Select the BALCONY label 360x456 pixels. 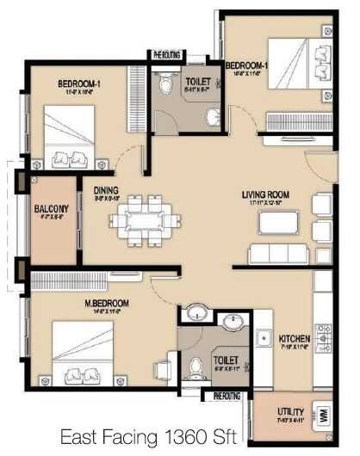tap(46, 208)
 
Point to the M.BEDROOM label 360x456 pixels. tap(106, 304)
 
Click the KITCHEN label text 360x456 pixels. tap(295, 339)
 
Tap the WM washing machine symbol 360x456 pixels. tap(324, 413)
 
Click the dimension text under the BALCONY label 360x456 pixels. tap(46, 218)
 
